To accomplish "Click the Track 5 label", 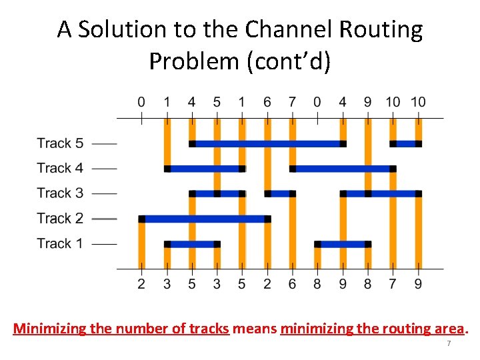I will coord(60,143).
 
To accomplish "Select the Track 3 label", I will coord(60,193).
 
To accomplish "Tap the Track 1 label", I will coord(60,243).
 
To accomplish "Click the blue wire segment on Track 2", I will coord(204,219).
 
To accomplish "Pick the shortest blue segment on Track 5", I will coord(405,143).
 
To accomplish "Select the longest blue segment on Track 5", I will coord(267,143).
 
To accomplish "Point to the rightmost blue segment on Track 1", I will coord(343,244).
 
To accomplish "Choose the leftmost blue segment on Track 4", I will coord(204,169).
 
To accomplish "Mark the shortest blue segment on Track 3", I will coord(280,194).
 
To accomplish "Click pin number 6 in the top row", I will coord(267,102).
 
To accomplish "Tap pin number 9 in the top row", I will coord(367,102).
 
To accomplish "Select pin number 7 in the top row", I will coord(292,102).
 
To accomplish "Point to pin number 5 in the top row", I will coord(217,102).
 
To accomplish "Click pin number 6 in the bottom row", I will coord(292,285).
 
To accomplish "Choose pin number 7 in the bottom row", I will coord(393,285).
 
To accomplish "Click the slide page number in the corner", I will coord(449,343).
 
